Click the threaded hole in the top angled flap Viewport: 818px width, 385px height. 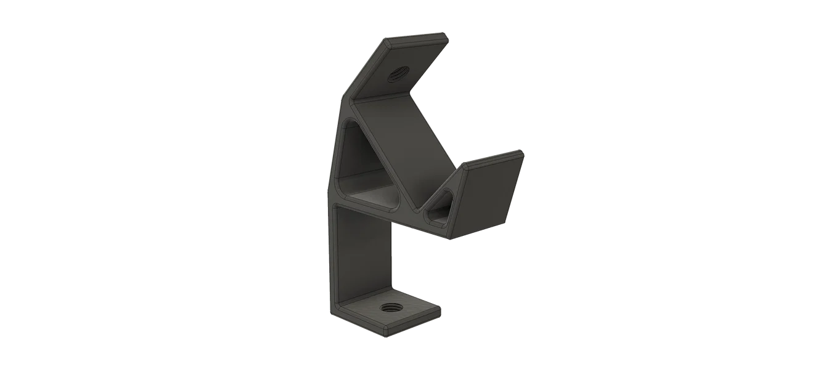coord(395,75)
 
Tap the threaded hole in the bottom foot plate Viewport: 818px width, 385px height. coord(389,308)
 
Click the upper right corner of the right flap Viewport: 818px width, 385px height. coord(524,150)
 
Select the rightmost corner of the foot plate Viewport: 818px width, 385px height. coord(441,303)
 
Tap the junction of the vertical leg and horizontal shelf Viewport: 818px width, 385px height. coord(336,203)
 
